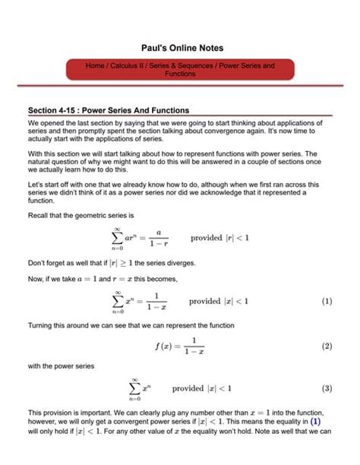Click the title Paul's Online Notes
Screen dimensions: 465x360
coord(179,48)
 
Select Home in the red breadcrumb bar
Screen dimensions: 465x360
coord(95,66)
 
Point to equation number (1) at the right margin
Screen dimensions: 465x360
coord(327,301)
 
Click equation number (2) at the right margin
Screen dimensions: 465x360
coord(327,346)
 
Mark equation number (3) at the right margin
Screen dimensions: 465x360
coord(327,388)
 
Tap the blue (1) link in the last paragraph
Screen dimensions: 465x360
coord(316,420)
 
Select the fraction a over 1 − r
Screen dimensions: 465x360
coord(159,239)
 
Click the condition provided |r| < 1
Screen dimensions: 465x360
coord(219,238)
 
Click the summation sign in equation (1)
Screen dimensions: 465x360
coord(118,301)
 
